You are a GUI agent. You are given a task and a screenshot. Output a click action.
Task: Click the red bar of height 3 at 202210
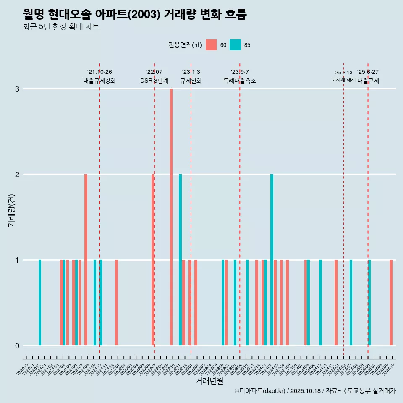click(171, 217)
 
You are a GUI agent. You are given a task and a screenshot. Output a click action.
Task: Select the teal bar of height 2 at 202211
click(181, 260)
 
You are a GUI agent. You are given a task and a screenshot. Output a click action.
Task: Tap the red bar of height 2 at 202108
click(86, 260)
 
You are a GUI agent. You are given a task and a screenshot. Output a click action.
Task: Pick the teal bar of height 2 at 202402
click(272, 260)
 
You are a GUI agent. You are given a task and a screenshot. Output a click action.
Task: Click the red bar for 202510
click(391, 303)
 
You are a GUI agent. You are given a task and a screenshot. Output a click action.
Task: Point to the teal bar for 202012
click(40, 303)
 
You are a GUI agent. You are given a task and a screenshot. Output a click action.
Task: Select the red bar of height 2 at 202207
click(153, 260)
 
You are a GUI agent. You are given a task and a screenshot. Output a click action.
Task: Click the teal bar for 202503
click(351, 303)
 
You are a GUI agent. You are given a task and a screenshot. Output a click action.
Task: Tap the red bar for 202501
click(336, 303)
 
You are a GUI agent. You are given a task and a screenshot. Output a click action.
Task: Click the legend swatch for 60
click(211, 45)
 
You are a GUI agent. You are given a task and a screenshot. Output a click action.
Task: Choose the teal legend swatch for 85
click(236, 45)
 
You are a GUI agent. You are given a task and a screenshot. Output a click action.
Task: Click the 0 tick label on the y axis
click(17, 345)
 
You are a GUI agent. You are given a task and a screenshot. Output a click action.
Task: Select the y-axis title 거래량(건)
click(11, 210)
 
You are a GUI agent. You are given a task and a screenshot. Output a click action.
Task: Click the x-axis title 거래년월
click(209, 381)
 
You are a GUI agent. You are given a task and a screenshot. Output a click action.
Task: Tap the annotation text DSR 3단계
click(154, 81)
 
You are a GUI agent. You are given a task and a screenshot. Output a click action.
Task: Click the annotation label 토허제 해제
click(343, 80)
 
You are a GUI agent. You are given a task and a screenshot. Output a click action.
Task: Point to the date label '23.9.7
click(240, 72)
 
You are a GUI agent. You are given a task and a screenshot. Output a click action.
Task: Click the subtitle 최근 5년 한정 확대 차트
click(61, 27)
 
